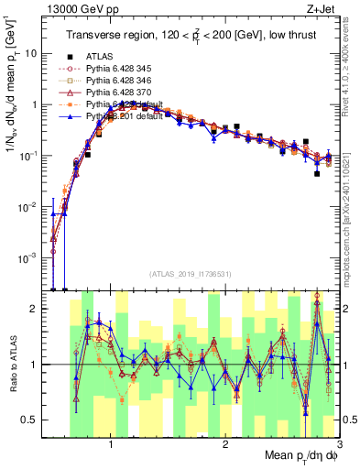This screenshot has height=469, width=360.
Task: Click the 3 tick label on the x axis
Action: (x=338, y=444)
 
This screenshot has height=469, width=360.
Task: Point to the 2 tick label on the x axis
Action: (x=225, y=444)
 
